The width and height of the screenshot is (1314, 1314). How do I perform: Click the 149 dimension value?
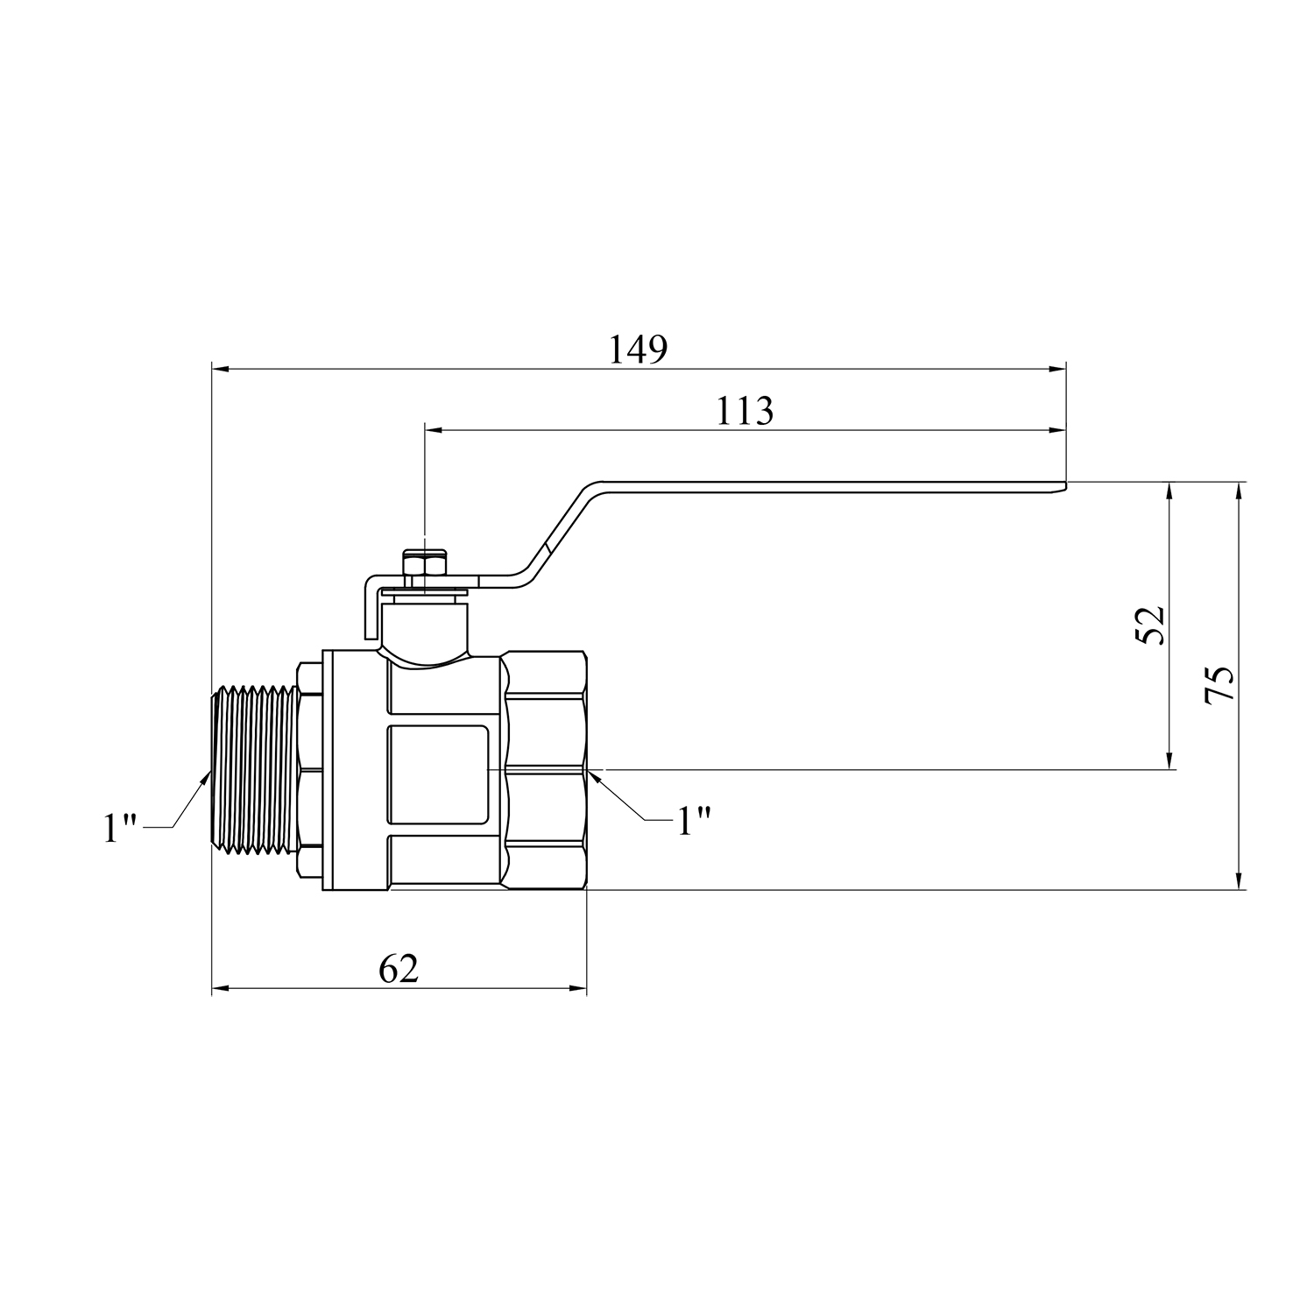[639, 350]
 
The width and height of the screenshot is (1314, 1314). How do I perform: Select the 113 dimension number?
[745, 411]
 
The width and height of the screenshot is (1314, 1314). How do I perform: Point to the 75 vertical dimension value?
[1219, 683]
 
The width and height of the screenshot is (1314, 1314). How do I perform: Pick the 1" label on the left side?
[122, 828]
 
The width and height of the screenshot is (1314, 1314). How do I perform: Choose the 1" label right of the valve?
[692, 822]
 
